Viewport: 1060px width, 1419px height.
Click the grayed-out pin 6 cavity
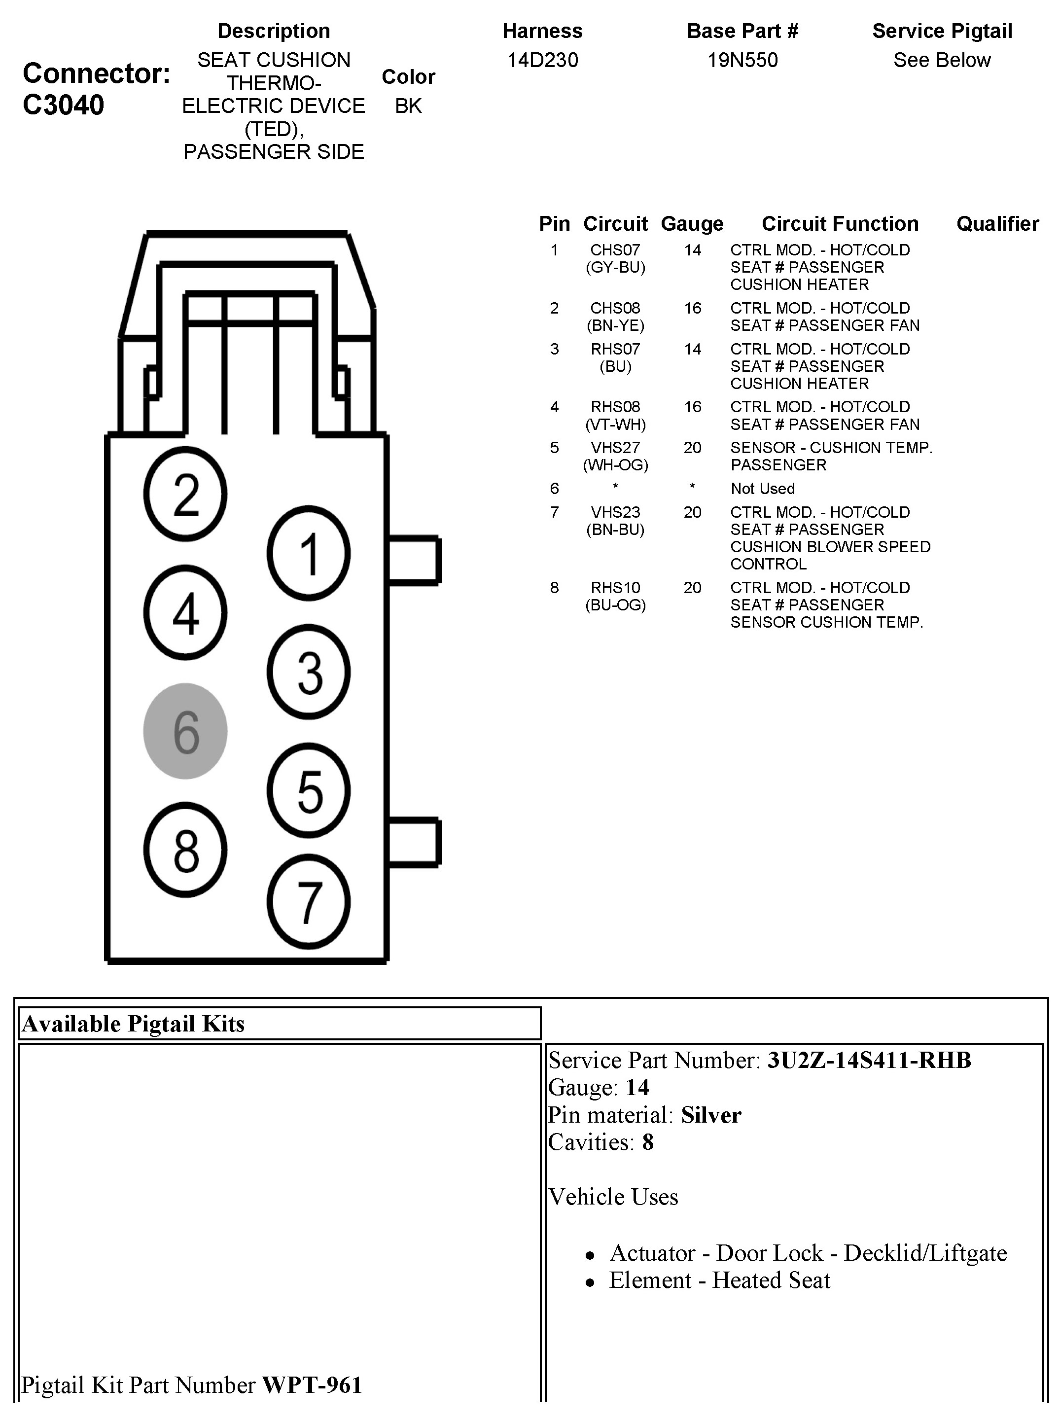coord(185,731)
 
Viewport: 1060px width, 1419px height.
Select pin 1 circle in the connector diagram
coord(309,553)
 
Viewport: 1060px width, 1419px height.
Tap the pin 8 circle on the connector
coord(185,850)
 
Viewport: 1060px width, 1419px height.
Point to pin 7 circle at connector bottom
coord(309,901)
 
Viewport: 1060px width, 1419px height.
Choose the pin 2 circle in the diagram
coord(185,495)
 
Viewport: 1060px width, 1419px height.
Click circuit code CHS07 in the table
coord(615,250)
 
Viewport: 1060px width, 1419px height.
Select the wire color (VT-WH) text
coord(615,425)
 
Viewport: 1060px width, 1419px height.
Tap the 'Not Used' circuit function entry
coord(762,489)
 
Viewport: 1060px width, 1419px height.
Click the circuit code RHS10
coord(615,588)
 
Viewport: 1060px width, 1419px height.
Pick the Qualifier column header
coord(997,224)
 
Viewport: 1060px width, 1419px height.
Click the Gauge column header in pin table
coord(692,224)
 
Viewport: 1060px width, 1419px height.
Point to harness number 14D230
coord(542,60)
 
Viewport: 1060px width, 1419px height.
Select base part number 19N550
coord(742,60)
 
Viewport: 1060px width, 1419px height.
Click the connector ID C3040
coord(63,105)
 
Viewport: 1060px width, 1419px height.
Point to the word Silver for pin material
coord(711,1115)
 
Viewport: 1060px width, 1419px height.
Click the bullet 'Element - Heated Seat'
coord(719,1280)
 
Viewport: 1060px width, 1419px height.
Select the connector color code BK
coord(408,106)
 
